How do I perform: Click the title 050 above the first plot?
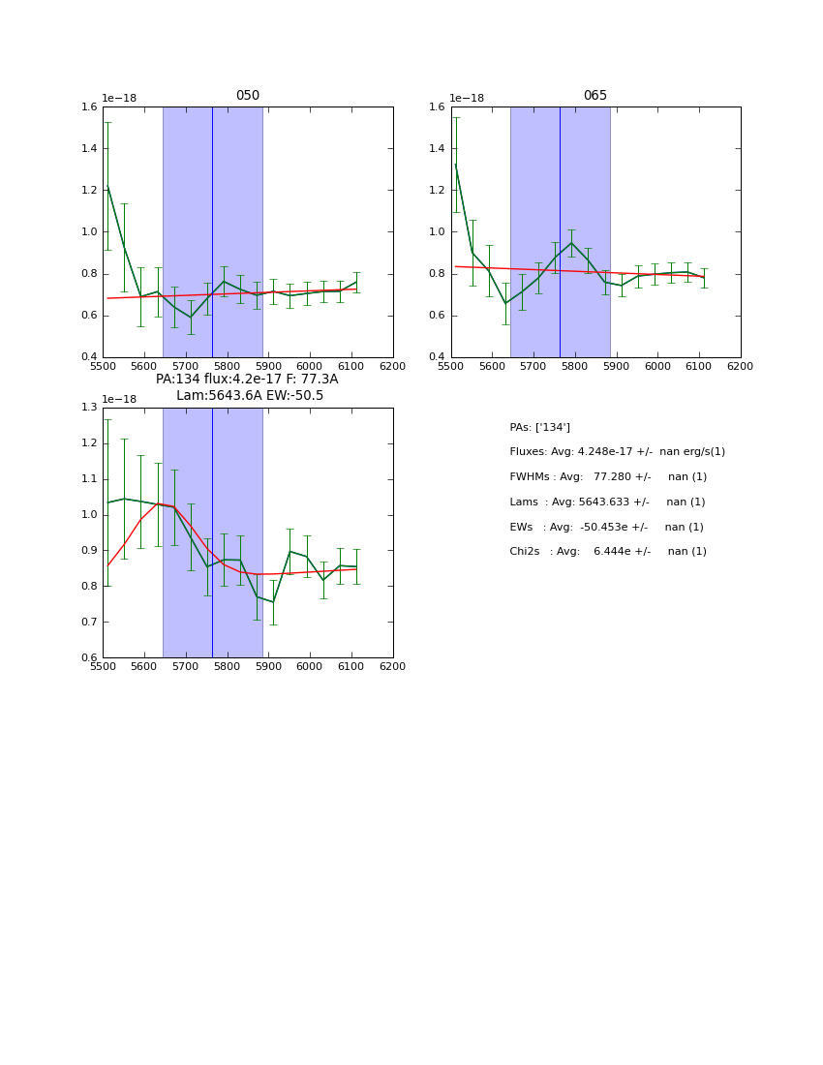248,96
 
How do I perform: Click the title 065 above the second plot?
595,96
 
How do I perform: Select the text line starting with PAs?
539,428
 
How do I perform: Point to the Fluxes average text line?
617,452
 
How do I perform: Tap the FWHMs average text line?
608,477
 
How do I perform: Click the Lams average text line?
607,502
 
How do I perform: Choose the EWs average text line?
606,528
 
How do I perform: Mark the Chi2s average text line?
608,552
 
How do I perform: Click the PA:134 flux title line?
247,380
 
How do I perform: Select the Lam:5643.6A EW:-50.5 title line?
250,396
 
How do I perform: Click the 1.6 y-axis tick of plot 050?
89,107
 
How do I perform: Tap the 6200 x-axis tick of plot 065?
740,367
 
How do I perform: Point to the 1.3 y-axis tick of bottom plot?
89,408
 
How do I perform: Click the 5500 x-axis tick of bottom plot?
104,667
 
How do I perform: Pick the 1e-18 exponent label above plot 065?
467,99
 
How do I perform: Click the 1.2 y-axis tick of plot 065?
437,191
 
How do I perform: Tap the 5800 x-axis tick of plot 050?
228,367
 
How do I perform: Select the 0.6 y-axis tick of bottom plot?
89,658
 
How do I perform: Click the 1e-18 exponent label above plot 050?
119,99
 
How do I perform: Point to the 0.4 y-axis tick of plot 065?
437,357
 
